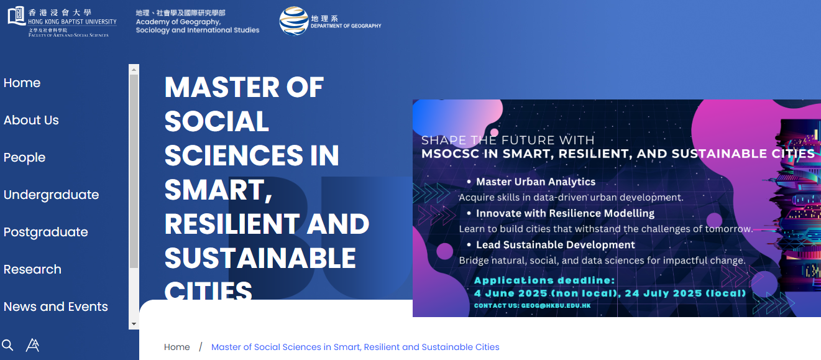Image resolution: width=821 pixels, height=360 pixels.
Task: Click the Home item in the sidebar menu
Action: (x=22, y=83)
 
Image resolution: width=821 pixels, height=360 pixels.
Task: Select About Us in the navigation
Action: (x=31, y=120)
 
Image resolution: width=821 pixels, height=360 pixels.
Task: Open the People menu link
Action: (x=25, y=158)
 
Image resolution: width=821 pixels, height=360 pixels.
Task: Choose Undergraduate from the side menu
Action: (x=52, y=195)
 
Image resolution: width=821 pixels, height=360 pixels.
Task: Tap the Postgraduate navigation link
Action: (x=46, y=232)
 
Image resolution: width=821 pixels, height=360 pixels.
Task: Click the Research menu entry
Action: (x=32, y=269)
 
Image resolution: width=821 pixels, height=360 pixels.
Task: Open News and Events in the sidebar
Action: (x=56, y=307)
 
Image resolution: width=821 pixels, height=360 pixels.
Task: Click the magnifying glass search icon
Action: (x=7, y=345)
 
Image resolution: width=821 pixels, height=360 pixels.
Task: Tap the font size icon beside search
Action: (x=32, y=345)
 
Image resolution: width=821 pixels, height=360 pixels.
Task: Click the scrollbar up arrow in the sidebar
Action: (x=134, y=69)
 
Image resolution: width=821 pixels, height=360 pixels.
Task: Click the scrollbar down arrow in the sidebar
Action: (x=134, y=324)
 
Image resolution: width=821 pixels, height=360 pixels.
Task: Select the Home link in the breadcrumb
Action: (x=177, y=347)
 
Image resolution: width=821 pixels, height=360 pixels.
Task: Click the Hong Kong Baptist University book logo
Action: (x=17, y=16)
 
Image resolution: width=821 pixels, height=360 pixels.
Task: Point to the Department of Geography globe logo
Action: (x=294, y=21)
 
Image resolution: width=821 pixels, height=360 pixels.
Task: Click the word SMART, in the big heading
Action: (x=218, y=190)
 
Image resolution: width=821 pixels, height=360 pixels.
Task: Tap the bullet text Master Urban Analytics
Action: (x=536, y=182)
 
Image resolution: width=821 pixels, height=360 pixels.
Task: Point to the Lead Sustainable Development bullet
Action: (x=555, y=245)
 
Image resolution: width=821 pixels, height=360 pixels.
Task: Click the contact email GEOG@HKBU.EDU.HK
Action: (x=556, y=306)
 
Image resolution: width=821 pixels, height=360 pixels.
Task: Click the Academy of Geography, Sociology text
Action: (x=198, y=25)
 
